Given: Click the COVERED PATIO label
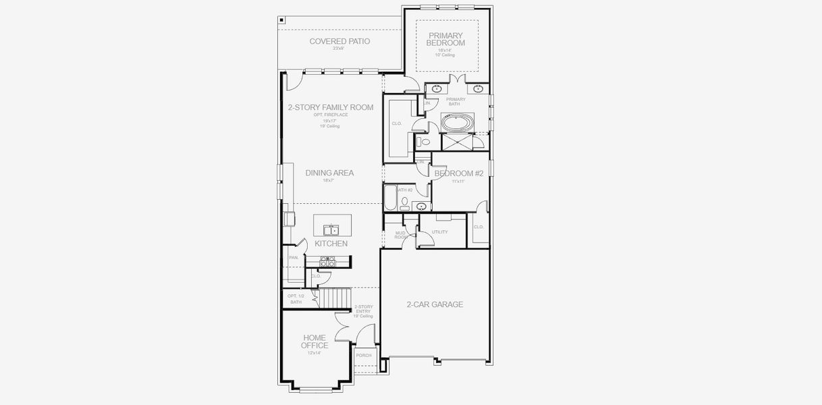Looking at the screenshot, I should [x=339, y=41].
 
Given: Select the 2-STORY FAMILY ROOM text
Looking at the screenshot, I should [x=330, y=107].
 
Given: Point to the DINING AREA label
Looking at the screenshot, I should [x=329, y=173].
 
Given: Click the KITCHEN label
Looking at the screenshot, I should [x=331, y=243].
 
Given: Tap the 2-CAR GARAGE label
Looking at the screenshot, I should [x=435, y=304].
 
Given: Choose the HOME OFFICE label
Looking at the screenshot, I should [x=314, y=342].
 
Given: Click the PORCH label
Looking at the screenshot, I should [x=364, y=355].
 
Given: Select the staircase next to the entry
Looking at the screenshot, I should [x=335, y=296].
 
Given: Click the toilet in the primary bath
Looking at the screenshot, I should [x=423, y=142].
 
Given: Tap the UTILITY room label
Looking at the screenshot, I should [x=439, y=232].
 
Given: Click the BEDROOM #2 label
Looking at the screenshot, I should [x=459, y=173].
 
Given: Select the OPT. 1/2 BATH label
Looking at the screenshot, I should [x=295, y=299].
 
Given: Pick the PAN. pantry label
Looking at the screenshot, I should [x=294, y=257].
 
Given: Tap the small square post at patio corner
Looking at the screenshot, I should [x=281, y=20].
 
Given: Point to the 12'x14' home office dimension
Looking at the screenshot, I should [x=314, y=353].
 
